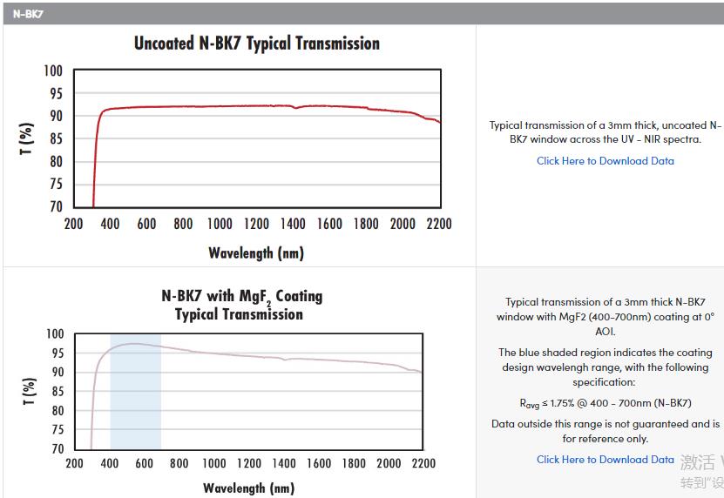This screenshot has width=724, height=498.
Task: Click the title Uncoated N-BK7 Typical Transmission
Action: point(256,44)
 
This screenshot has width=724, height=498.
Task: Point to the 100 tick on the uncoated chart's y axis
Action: point(54,71)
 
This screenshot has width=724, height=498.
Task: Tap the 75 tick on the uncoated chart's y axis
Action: point(54,184)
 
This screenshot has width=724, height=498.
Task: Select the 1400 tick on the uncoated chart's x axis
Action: point(294,224)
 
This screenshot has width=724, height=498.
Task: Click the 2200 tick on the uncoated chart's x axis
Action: point(439,224)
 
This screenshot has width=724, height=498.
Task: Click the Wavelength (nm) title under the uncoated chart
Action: point(256,253)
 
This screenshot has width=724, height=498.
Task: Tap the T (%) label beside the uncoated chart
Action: point(27,138)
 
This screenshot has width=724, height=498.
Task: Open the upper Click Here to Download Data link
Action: point(605,160)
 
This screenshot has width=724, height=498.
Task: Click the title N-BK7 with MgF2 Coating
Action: point(242,296)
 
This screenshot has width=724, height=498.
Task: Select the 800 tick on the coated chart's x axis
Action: point(179,463)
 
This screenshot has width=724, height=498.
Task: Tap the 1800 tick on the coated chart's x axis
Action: point(353,463)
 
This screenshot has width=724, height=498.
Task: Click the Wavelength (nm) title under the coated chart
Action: point(248,488)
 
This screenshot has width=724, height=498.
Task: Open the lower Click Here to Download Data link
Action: point(605,459)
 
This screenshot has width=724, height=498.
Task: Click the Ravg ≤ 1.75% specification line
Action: point(605,403)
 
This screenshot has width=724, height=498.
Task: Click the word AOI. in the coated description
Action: point(605,331)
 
